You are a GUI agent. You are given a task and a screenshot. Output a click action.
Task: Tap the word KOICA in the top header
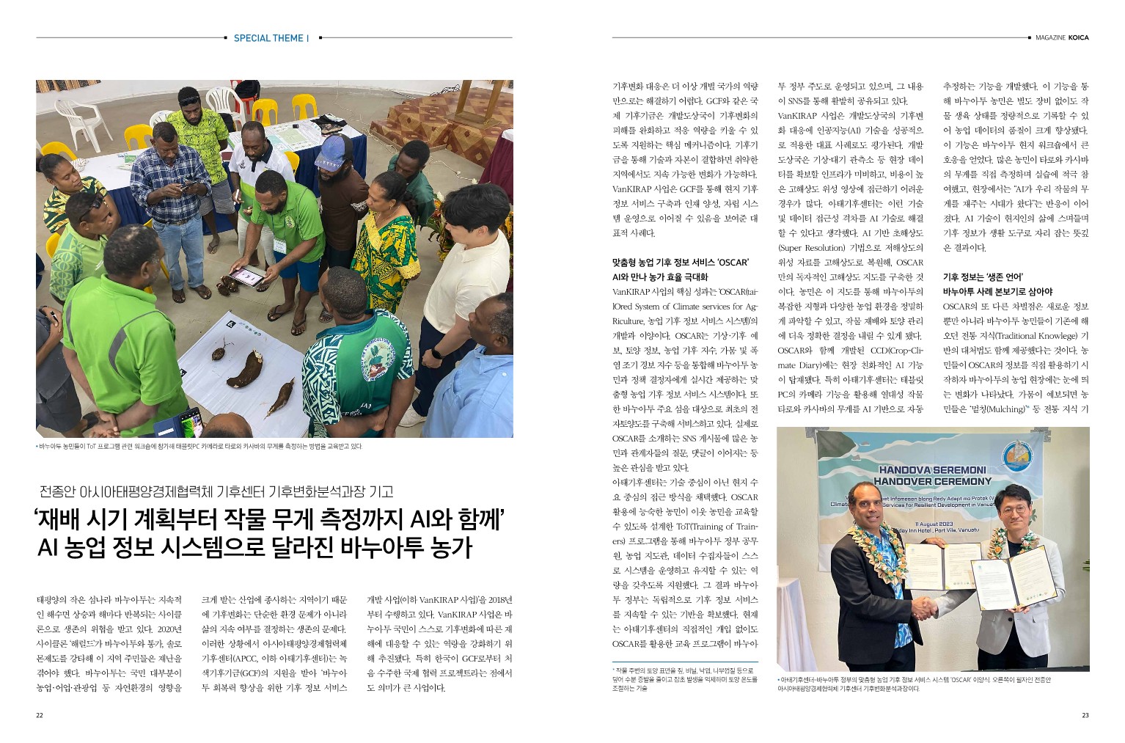click(1078, 38)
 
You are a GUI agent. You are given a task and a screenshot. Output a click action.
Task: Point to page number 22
click(40, 716)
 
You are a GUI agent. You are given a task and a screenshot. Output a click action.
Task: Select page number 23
click(1085, 716)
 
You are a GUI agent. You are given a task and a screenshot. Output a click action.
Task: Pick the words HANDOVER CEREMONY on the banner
click(932, 481)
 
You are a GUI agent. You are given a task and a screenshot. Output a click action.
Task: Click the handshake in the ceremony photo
click(926, 606)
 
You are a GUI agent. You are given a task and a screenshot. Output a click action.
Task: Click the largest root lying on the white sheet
click(245, 368)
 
